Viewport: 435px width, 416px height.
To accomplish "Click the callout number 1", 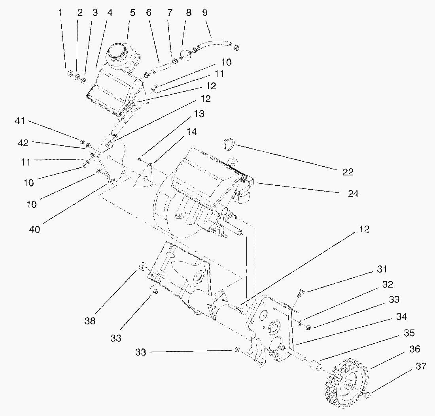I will (61, 13).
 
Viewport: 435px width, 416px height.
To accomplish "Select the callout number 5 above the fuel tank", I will (132, 13).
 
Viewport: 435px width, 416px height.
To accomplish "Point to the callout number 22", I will (348, 172).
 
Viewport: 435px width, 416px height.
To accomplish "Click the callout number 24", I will (353, 194).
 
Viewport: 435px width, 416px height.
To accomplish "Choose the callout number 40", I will (35, 229).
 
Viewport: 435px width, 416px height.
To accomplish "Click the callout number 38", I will (90, 321).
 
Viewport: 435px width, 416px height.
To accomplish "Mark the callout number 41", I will (20, 121).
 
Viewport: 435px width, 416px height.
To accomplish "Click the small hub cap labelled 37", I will (367, 395).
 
